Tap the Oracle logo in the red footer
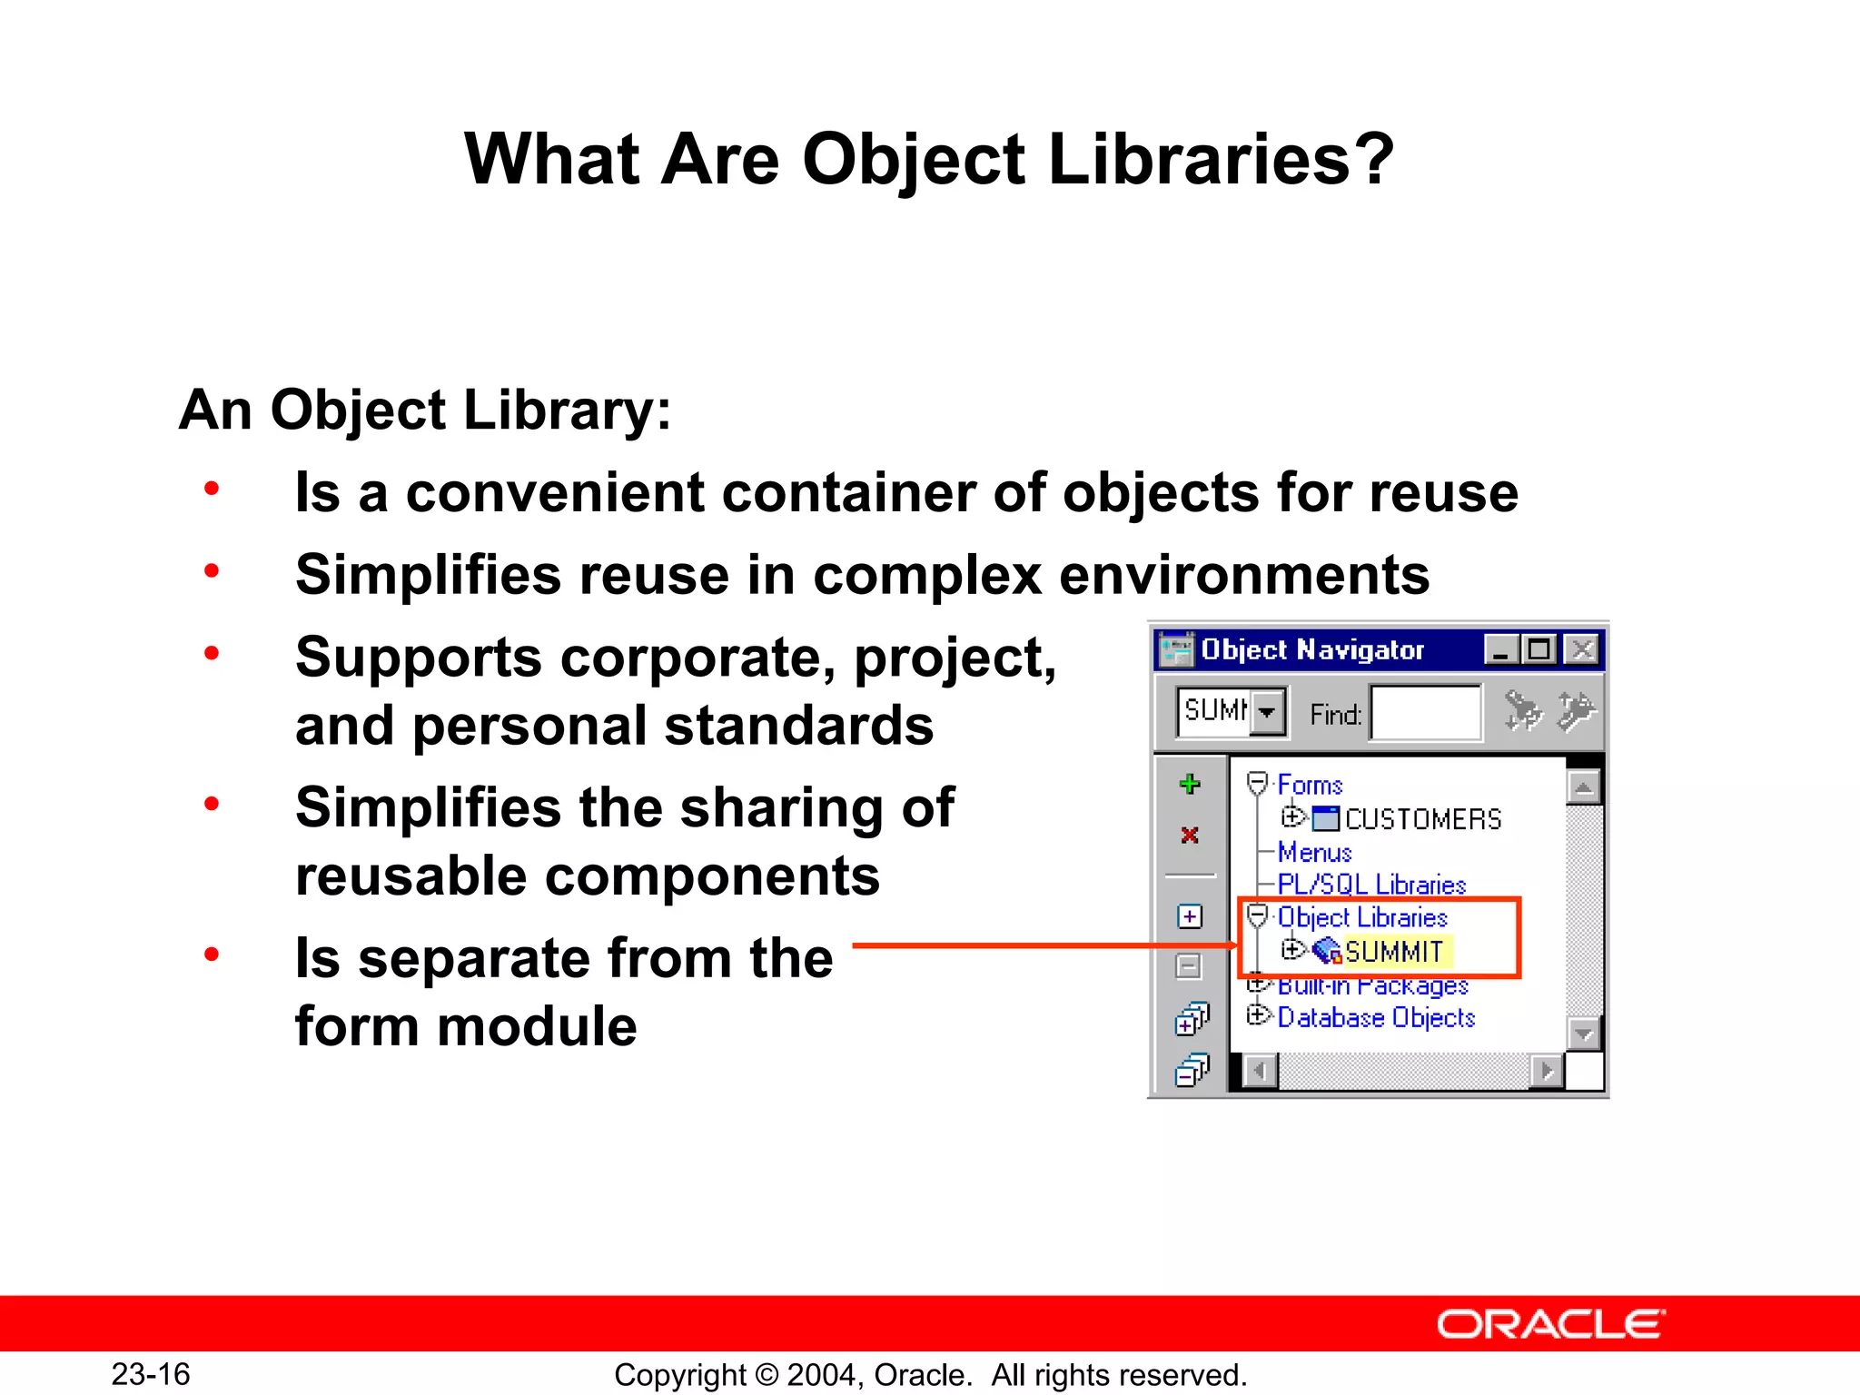pyautogui.click(x=1550, y=1325)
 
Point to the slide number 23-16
pyautogui.click(x=151, y=1374)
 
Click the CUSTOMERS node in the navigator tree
pyautogui.click(x=1422, y=819)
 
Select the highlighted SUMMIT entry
pyautogui.click(x=1394, y=951)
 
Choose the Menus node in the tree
pyautogui.click(x=1314, y=853)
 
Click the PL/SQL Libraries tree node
pyautogui.click(x=1371, y=885)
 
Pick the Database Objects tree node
pyautogui.click(x=1376, y=1017)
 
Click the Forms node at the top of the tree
pyautogui.click(x=1310, y=785)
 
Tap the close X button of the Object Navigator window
pyautogui.click(x=1582, y=650)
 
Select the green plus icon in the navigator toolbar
pyautogui.click(x=1190, y=785)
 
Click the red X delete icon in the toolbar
pyautogui.click(x=1190, y=835)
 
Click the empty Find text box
pyautogui.click(x=1425, y=714)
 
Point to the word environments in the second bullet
pyautogui.click(x=1244, y=576)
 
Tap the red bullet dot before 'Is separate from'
pyautogui.click(x=212, y=955)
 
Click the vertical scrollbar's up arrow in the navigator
pyautogui.click(x=1583, y=787)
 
